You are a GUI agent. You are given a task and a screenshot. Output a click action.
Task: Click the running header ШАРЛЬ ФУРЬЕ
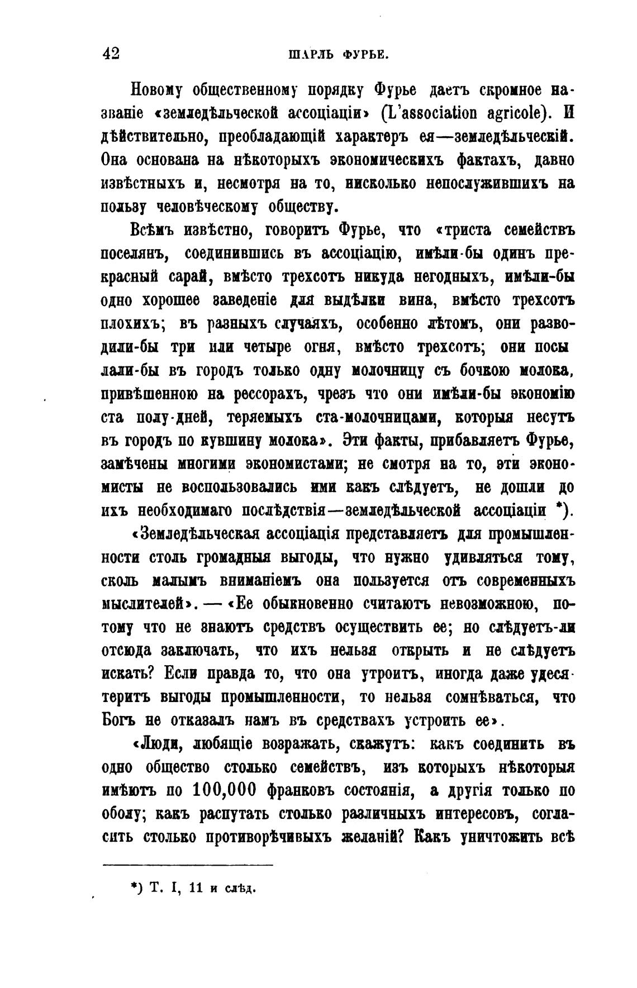click(338, 55)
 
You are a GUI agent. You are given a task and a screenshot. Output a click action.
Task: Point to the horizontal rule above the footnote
click(188, 865)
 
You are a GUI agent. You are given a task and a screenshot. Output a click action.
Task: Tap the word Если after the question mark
click(180, 674)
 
